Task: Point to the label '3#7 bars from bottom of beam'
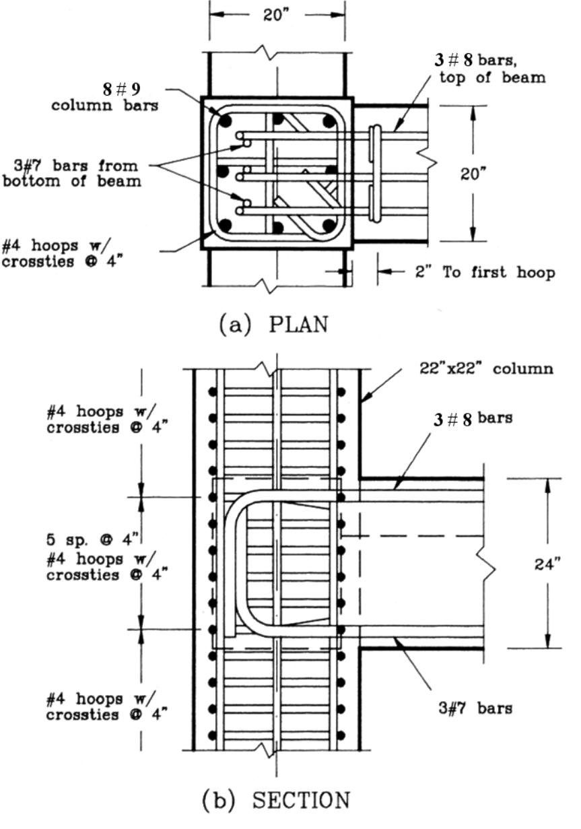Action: point(71,172)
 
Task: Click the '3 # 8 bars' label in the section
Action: point(471,418)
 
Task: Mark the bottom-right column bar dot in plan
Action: point(329,225)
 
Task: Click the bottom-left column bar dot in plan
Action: point(226,225)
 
